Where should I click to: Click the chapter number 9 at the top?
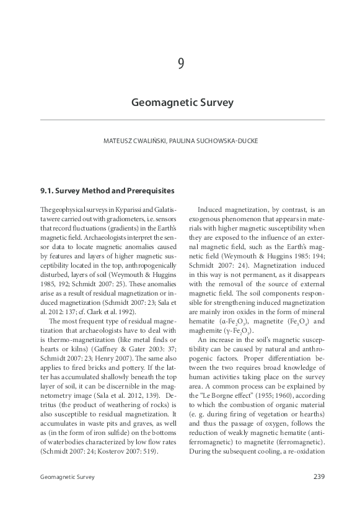pos(180,64)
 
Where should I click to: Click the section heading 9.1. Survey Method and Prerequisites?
pos(107,190)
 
